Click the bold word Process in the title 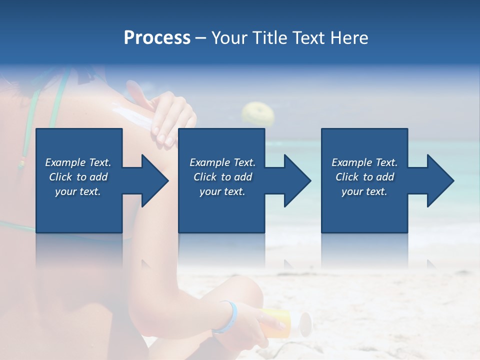click(x=157, y=38)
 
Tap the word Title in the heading click(x=268, y=38)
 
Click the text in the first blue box click(x=78, y=177)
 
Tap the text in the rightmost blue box click(x=364, y=177)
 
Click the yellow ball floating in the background click(x=257, y=113)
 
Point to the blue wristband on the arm click(x=225, y=317)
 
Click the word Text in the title click(x=307, y=38)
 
